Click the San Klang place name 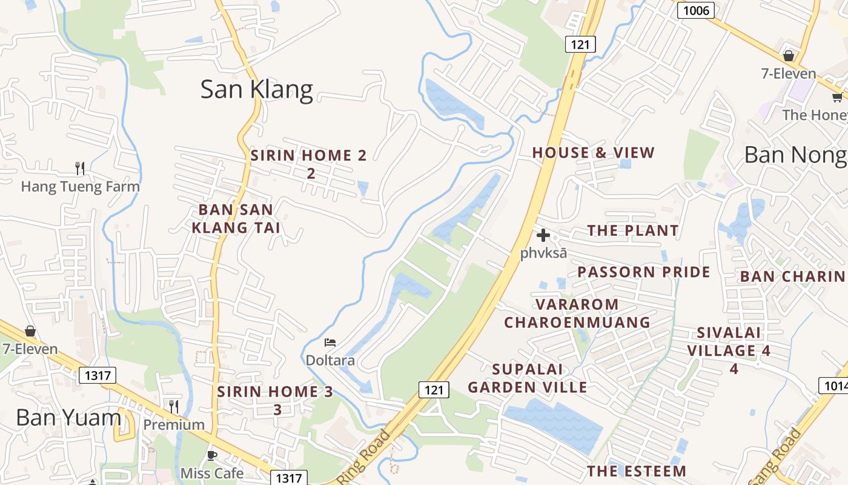[256, 90]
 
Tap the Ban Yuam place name [68, 417]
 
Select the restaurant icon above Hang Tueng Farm [80, 167]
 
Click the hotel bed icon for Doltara [330, 343]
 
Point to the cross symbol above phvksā [543, 235]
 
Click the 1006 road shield [696, 10]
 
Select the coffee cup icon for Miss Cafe [212, 455]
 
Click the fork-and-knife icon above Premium [174, 406]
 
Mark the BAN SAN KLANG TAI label [236, 219]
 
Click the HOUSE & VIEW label [593, 153]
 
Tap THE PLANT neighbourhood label [633, 230]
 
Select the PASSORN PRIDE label [643, 272]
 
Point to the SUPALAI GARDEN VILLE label [528, 378]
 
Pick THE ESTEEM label [637, 471]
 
